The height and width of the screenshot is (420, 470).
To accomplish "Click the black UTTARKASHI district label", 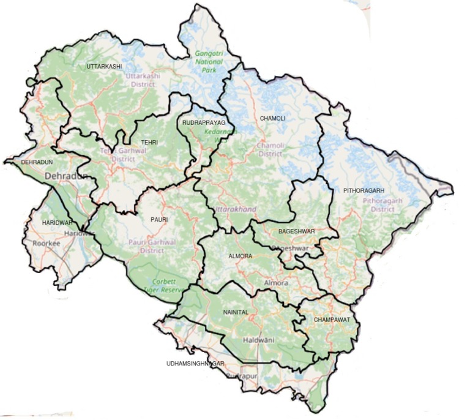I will tap(104, 66).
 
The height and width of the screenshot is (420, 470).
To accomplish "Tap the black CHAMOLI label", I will tap(272, 118).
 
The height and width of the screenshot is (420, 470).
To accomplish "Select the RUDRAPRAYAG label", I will tap(204, 123).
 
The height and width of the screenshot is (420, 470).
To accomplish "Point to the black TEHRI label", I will tap(149, 143).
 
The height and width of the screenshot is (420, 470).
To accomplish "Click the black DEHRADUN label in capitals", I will tap(37, 162).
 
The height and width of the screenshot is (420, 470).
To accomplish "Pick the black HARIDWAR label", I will tap(57, 222).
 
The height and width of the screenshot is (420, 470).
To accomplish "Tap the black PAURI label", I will tap(159, 219).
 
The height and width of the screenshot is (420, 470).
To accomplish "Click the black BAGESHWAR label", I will tap(296, 231).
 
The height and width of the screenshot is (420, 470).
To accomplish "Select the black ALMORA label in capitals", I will tap(240, 256).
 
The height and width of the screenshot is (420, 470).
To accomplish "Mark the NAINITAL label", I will tap(236, 312).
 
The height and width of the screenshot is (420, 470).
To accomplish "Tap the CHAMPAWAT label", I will tap(332, 320).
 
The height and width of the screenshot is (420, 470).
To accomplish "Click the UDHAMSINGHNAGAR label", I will tap(195, 364).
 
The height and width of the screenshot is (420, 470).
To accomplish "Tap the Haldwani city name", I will tap(259, 340).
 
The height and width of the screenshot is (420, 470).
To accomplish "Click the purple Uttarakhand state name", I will tap(236, 210).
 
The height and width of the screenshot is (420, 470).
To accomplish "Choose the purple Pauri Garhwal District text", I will tap(152, 246).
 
